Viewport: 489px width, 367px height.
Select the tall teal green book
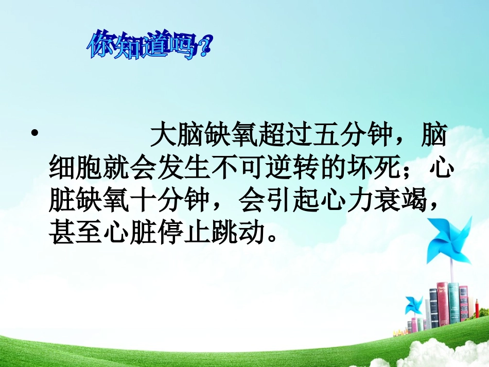[453, 304]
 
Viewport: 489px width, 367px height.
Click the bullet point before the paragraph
[35, 135]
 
